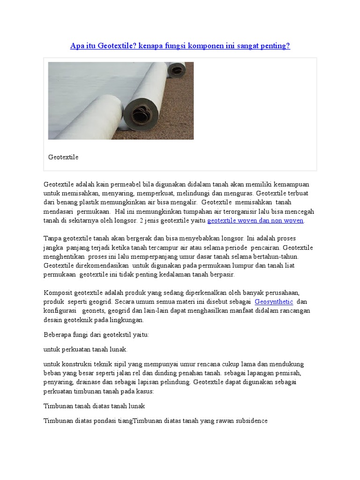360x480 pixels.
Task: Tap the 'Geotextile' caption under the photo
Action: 63,157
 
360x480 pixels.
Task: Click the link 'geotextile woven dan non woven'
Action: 255,220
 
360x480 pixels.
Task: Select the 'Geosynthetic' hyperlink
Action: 274,301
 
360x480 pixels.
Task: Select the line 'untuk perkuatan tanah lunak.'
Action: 85,349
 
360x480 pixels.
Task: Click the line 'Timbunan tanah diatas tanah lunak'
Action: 94,406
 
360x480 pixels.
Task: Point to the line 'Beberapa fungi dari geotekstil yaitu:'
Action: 96,335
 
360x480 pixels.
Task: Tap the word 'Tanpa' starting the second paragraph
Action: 52,238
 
